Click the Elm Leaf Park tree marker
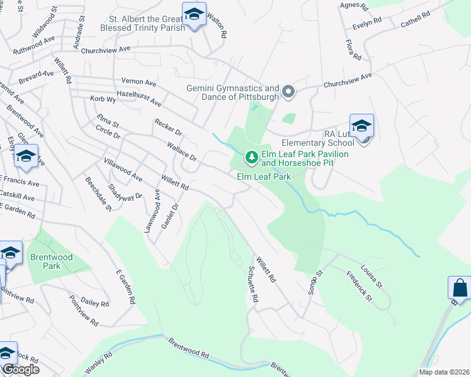[x=252, y=157]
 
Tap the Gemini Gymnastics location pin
[x=288, y=92]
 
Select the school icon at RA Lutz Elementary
[x=361, y=126]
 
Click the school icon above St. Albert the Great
[x=194, y=14]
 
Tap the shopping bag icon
[x=459, y=288]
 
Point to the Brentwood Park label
[x=52, y=261]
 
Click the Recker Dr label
[x=168, y=126]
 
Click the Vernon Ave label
[x=139, y=83]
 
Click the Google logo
[x=20, y=369]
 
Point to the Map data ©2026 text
[x=443, y=372]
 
